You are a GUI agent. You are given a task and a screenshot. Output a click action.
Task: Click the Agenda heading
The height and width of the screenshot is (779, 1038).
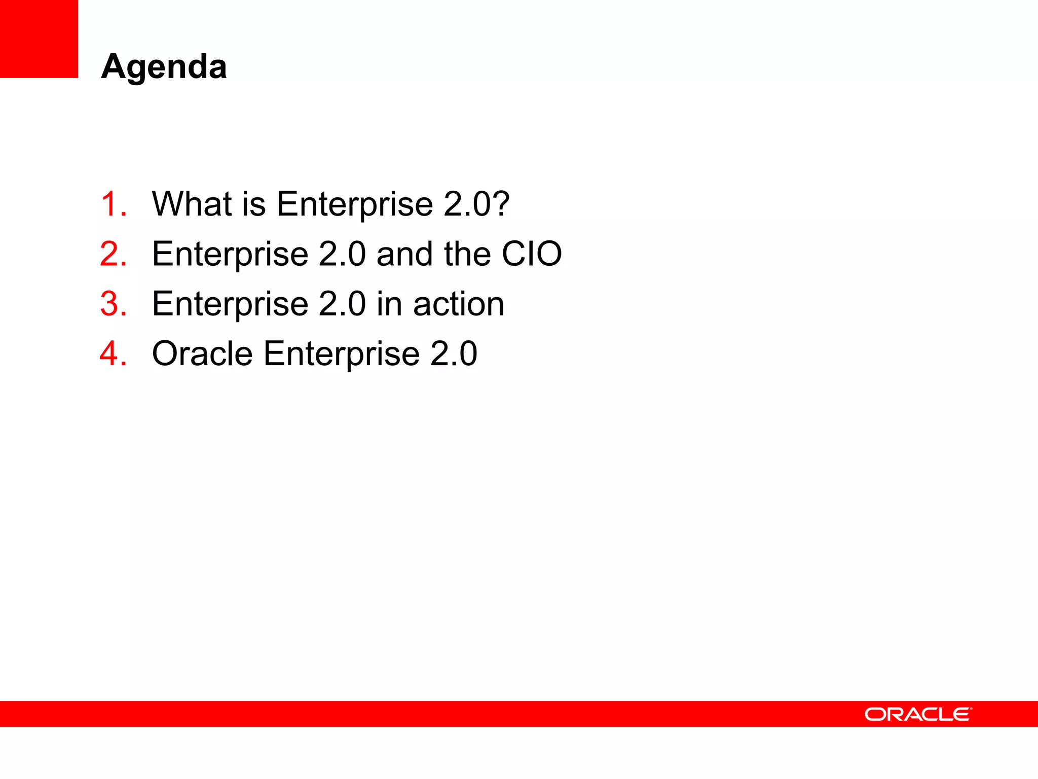pyautogui.click(x=164, y=67)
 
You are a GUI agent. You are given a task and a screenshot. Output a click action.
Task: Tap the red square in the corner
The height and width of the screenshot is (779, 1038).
pyautogui.click(x=39, y=39)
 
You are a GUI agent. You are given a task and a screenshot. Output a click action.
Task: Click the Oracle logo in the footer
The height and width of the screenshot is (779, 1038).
pyautogui.click(x=918, y=714)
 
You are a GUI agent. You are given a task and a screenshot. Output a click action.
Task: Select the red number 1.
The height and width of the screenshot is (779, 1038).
pyautogui.click(x=113, y=204)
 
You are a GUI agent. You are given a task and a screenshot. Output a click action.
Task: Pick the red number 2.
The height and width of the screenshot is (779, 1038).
pyautogui.click(x=113, y=254)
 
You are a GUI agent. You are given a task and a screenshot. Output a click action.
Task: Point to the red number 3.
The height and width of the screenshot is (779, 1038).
pyautogui.click(x=113, y=304)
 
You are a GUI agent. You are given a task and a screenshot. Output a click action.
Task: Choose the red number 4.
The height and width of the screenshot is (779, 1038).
pyautogui.click(x=113, y=353)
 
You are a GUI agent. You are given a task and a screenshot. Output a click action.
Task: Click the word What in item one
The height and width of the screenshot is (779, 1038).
pyautogui.click(x=192, y=204)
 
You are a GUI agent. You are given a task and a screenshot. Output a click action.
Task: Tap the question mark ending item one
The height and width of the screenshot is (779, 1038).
pyautogui.click(x=501, y=204)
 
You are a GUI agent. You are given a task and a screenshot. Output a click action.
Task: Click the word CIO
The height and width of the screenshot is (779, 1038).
pyautogui.click(x=531, y=254)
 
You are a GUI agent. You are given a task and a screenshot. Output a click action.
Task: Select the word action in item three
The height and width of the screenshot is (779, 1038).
pyautogui.click(x=458, y=304)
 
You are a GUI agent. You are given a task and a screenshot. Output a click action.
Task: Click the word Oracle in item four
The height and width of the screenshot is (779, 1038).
pyautogui.click(x=202, y=353)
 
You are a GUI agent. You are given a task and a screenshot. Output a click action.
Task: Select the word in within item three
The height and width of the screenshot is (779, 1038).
pyautogui.click(x=389, y=304)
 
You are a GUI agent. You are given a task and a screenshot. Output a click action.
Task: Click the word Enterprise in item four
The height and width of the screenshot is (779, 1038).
pyautogui.click(x=341, y=353)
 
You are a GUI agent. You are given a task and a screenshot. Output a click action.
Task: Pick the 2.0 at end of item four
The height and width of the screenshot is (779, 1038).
pyautogui.click(x=453, y=353)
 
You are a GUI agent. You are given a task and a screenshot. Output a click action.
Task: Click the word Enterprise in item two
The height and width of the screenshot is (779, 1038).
pyautogui.click(x=230, y=254)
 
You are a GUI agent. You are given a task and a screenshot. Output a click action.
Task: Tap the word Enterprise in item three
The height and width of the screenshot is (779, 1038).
pyautogui.click(x=230, y=304)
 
